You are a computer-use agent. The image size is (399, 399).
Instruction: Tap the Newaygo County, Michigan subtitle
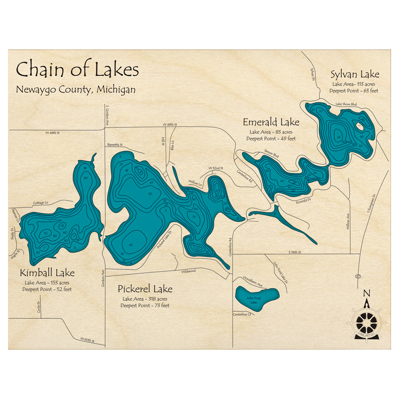[76, 89]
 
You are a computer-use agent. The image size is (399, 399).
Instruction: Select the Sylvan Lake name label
[355, 74]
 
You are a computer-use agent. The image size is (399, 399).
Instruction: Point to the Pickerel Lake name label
[145, 288]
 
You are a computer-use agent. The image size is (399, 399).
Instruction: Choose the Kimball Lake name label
[47, 273]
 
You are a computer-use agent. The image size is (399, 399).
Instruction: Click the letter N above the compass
[367, 294]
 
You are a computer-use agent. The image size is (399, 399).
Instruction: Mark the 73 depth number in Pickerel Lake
[194, 217]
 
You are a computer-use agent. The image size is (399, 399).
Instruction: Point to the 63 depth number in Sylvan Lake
[339, 138]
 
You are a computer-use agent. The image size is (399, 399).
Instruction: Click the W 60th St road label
[87, 340]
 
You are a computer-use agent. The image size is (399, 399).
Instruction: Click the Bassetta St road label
[115, 145]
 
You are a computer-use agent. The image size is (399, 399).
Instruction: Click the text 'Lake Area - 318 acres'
[145, 298]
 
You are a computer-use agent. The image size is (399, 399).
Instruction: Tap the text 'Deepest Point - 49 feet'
[271, 138]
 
